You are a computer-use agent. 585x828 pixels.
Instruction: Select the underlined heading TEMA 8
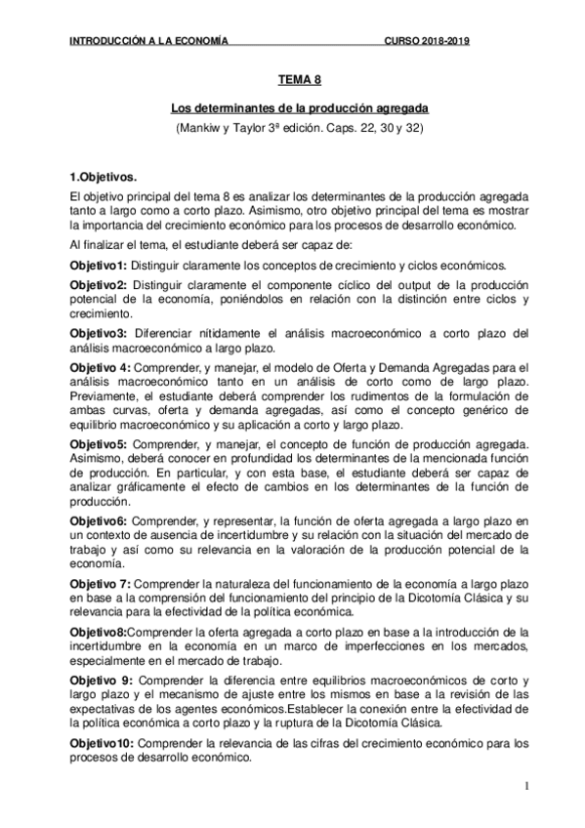[x=293, y=85]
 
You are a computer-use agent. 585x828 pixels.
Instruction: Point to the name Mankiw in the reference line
[x=201, y=127]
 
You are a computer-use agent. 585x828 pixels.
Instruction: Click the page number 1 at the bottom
[x=525, y=787]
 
